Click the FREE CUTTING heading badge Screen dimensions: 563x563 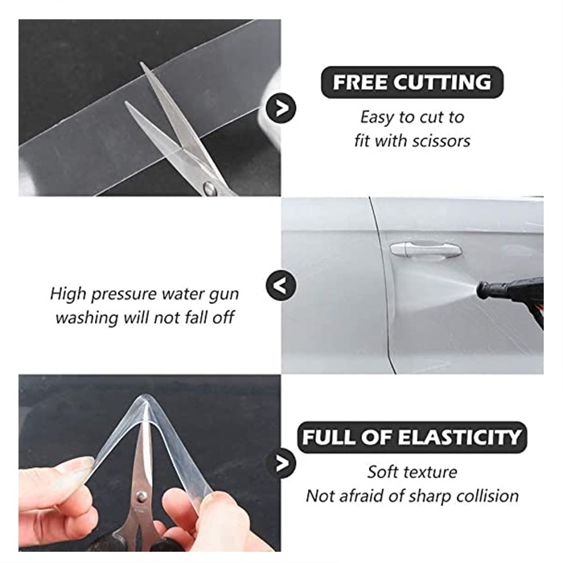point(412,82)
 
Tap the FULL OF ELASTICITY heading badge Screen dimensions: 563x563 point(412,438)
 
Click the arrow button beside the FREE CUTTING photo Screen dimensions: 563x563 point(281,108)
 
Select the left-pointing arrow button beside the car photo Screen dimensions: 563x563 point(281,286)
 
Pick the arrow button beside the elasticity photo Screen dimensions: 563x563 point(281,463)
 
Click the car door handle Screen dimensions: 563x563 point(425,249)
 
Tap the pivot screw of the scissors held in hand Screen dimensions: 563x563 point(142,496)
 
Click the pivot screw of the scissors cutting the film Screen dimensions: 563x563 point(210,187)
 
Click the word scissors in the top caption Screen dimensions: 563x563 point(441,141)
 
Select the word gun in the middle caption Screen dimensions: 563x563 point(224,295)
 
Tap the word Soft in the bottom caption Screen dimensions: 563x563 point(382,472)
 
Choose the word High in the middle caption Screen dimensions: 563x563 point(68,294)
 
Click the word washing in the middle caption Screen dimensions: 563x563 point(87,318)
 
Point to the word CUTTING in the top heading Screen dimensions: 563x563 point(442,82)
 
